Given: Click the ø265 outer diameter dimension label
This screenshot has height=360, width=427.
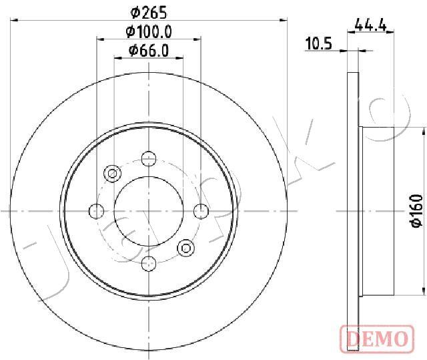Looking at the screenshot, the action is (149, 13).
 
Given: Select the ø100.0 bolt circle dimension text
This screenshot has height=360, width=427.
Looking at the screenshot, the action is (149, 32).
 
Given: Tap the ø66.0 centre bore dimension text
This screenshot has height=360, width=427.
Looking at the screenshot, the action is (149, 51).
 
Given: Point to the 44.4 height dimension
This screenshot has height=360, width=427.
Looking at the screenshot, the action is (371, 25).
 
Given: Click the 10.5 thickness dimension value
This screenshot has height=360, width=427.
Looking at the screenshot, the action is (319, 43).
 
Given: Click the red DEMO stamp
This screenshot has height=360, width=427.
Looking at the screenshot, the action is (377, 339).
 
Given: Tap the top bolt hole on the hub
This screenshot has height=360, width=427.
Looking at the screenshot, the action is (149, 158).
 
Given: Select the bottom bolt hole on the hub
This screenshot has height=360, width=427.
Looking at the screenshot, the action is (149, 264).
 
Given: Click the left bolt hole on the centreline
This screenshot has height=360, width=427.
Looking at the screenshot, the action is (96, 211).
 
